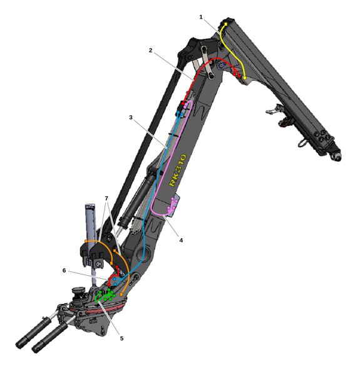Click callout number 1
click(x=201, y=17)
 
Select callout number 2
click(x=150, y=50)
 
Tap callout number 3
click(x=131, y=117)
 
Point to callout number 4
click(x=181, y=240)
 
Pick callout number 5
click(x=121, y=338)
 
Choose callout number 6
click(x=64, y=271)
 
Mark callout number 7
click(x=106, y=198)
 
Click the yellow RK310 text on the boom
click(x=177, y=170)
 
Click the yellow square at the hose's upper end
click(x=225, y=24)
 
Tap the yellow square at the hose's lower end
click(x=245, y=78)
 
